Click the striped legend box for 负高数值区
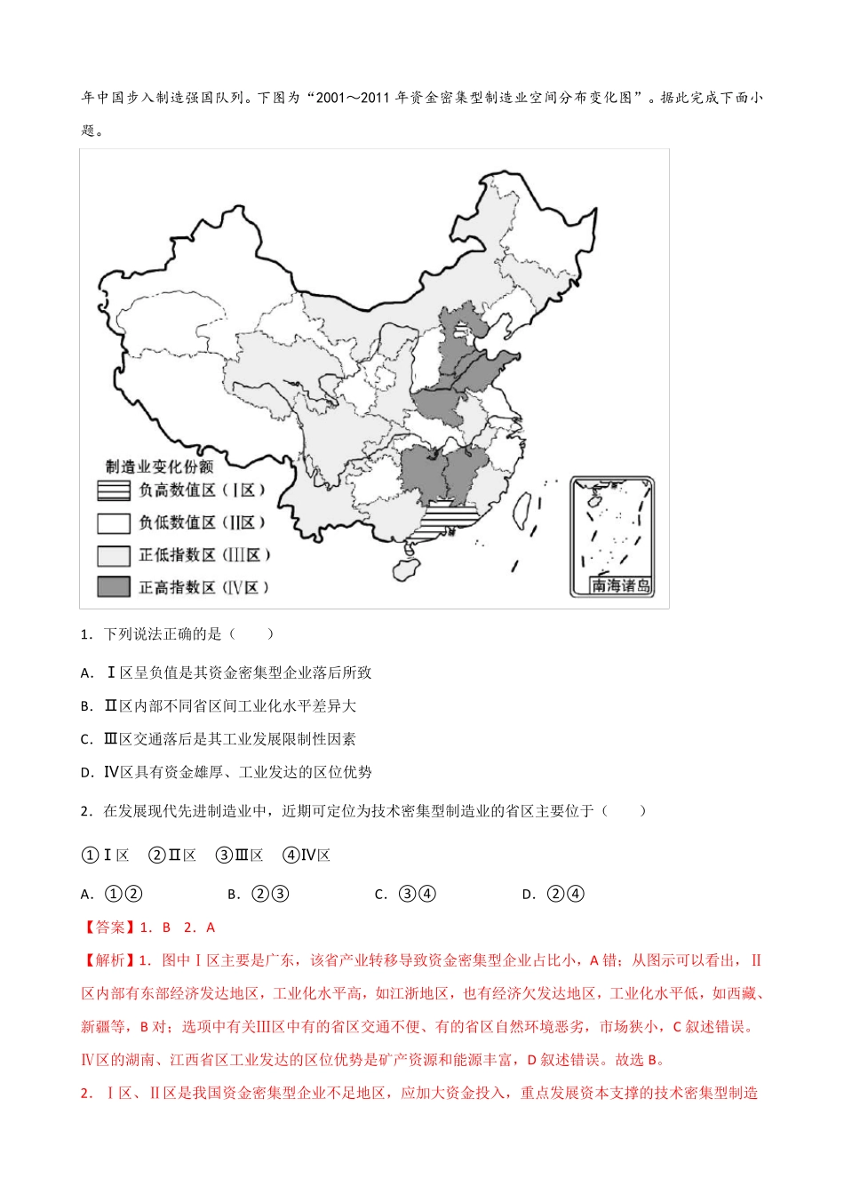click(113, 490)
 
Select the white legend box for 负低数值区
click(113, 522)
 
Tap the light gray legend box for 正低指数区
click(113, 555)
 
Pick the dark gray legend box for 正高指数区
click(113, 587)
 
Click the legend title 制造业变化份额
click(160, 466)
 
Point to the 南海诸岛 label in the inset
click(621, 585)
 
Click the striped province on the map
click(451, 516)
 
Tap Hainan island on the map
click(404, 565)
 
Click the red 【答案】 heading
click(107, 927)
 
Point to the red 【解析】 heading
click(107, 960)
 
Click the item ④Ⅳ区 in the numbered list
click(307, 856)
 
